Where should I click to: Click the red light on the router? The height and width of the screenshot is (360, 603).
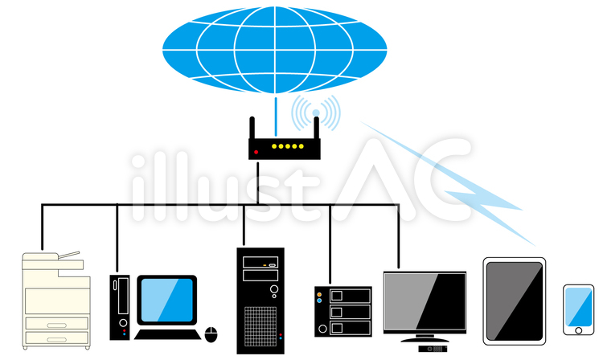(x=256, y=149)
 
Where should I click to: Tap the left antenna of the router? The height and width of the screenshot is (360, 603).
(x=252, y=128)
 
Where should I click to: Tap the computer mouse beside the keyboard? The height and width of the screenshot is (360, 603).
(x=212, y=333)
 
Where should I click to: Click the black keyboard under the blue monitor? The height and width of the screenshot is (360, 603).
(x=166, y=333)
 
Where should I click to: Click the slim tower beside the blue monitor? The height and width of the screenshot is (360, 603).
(x=120, y=306)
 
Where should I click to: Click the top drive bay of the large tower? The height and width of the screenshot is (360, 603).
(x=260, y=262)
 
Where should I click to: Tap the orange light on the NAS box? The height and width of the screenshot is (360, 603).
(x=319, y=296)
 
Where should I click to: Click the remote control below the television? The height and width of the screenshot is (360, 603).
(x=433, y=349)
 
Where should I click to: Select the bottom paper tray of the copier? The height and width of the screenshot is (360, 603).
(x=55, y=338)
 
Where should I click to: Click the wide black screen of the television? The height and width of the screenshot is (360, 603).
(x=425, y=300)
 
